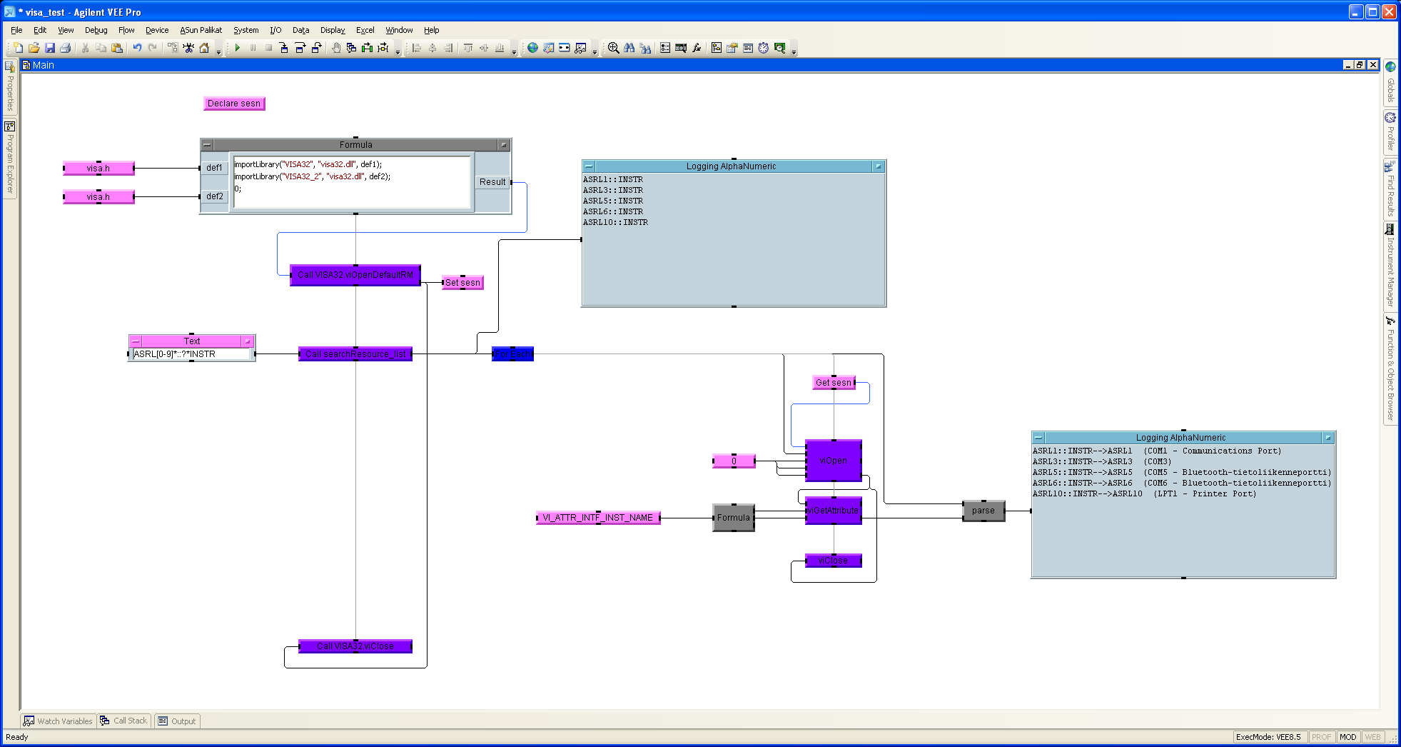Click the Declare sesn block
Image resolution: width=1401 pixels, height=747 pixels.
coord(234,104)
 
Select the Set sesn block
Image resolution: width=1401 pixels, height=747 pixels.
coord(462,283)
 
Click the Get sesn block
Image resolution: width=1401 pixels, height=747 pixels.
coord(834,383)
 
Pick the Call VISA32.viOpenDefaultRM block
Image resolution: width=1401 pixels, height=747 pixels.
coord(355,275)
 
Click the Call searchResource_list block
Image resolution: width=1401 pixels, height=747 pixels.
coord(355,354)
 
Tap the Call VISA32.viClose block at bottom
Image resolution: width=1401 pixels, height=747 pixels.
coord(355,646)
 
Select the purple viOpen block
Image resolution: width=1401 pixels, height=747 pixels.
coord(833,461)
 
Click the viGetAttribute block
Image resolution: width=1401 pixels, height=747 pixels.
coord(833,511)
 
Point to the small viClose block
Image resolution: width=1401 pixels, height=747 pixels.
coord(833,561)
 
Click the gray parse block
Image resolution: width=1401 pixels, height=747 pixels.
coord(983,511)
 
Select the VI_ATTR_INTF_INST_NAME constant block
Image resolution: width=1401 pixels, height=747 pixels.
coord(598,518)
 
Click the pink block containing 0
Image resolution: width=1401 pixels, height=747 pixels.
coord(734,461)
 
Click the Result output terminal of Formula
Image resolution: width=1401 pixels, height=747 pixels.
coord(492,182)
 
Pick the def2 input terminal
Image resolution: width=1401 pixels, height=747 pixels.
coord(214,196)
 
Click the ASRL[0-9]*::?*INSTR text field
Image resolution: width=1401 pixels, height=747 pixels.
coord(191,354)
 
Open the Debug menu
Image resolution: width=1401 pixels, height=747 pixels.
coord(96,30)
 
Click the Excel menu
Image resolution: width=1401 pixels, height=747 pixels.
coord(365,30)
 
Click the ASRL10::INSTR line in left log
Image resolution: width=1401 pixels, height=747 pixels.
coord(615,223)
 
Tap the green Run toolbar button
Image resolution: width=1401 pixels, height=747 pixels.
coord(237,48)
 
